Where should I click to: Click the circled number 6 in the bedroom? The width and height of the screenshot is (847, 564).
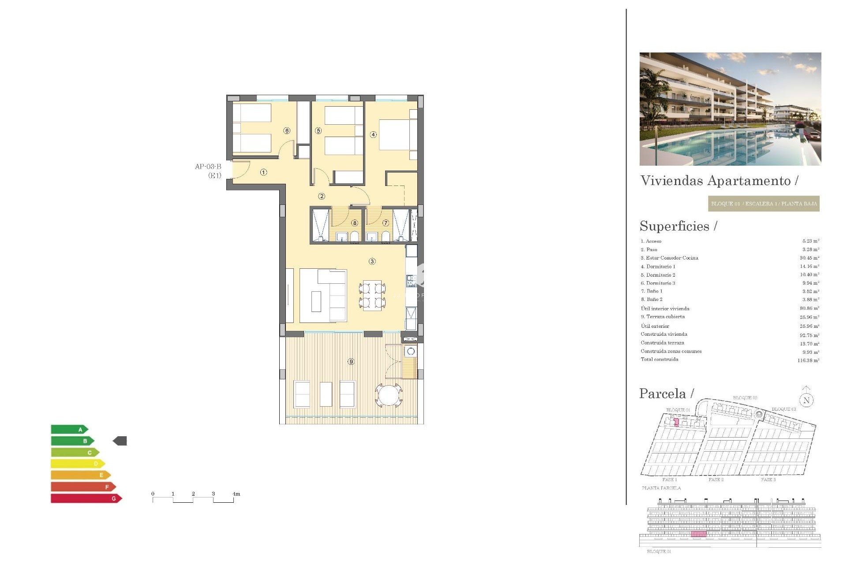[x=287, y=130]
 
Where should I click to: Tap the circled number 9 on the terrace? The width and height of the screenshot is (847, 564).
[x=351, y=361]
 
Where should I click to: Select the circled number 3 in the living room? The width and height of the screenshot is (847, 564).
[x=372, y=261]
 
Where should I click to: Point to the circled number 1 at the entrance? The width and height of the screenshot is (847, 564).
[x=263, y=172]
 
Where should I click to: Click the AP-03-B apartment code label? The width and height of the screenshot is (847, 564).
[x=208, y=167]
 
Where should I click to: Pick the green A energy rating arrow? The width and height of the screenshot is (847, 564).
[x=69, y=429]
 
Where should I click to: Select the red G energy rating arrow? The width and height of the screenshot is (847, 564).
[x=86, y=498]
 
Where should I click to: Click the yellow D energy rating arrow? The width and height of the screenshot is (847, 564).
[x=78, y=464]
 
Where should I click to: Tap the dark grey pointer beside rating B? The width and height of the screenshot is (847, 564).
[x=120, y=441]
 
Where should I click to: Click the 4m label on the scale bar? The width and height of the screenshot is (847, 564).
[x=236, y=494]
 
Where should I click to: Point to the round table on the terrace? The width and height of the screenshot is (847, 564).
[x=389, y=395]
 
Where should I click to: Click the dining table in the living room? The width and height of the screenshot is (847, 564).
[x=372, y=295]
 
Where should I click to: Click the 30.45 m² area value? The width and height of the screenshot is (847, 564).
[x=810, y=258]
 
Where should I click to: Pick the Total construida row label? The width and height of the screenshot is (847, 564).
[x=660, y=360]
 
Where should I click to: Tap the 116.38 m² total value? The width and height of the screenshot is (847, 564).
[x=808, y=360]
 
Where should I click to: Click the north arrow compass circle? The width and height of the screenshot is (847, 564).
[x=806, y=400]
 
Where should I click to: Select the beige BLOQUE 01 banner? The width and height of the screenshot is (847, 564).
[x=764, y=204]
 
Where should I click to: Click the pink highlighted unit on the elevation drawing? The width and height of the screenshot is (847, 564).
[x=698, y=534]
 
